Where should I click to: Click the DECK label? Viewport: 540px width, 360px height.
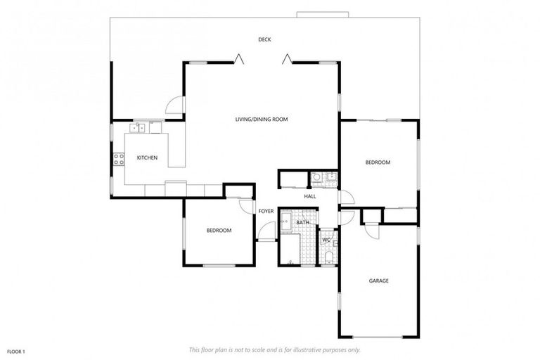[x=264, y=39]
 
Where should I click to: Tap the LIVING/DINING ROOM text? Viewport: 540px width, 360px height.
[x=262, y=120]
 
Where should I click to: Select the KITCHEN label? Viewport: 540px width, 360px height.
[x=146, y=157]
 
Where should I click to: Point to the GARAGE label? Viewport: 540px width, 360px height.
[x=379, y=281]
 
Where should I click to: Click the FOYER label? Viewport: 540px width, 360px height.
[x=266, y=211]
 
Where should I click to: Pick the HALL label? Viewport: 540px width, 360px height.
[x=310, y=196]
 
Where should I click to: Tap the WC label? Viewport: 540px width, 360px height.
[x=326, y=240]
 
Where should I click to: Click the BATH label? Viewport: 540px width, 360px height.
[x=302, y=223]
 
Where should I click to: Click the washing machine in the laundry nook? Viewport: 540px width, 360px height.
[x=317, y=177]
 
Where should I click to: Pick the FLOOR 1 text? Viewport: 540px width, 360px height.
[x=16, y=350]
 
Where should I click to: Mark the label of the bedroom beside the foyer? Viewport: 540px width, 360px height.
[x=219, y=231]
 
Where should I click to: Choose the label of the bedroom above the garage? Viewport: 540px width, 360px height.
[x=378, y=162]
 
